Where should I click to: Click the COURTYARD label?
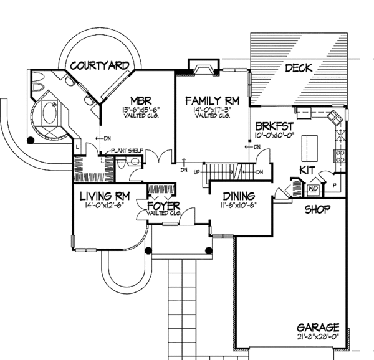click(x=99, y=65)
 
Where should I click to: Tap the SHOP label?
click(x=317, y=209)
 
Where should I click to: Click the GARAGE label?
click(x=318, y=327)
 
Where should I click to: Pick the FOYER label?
click(x=163, y=205)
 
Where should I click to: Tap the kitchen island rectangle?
click(x=309, y=146)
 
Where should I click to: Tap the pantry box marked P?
click(x=335, y=185)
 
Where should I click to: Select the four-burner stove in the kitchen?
click(x=340, y=156)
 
